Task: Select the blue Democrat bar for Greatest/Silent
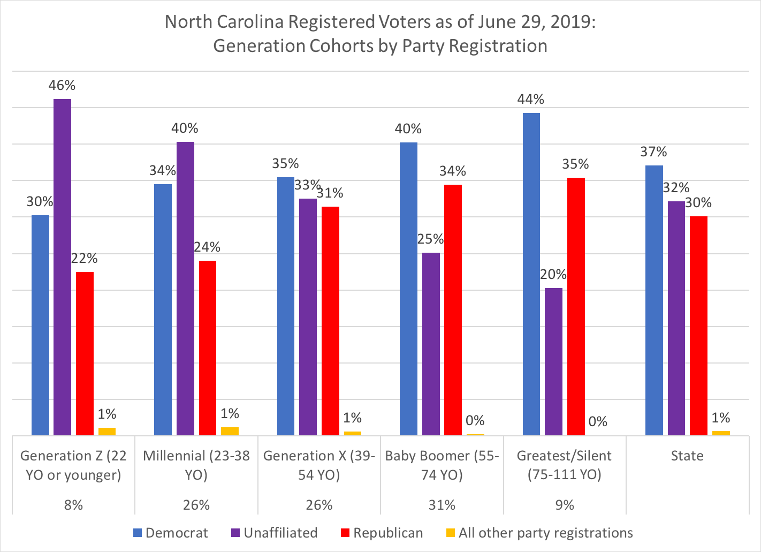(531, 274)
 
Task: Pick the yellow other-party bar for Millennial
(230, 432)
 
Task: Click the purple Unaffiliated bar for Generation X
(308, 316)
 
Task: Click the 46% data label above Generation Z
(62, 85)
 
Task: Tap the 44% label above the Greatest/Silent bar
(531, 99)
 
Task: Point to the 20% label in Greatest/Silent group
(553, 275)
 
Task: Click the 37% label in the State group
(653, 152)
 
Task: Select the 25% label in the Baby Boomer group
(431, 239)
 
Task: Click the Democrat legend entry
(171, 533)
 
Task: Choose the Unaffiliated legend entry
(274, 533)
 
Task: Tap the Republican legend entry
(382, 533)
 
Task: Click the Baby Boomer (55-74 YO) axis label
(442, 465)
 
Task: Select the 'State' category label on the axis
(687, 456)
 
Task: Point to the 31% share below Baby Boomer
(442, 505)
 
